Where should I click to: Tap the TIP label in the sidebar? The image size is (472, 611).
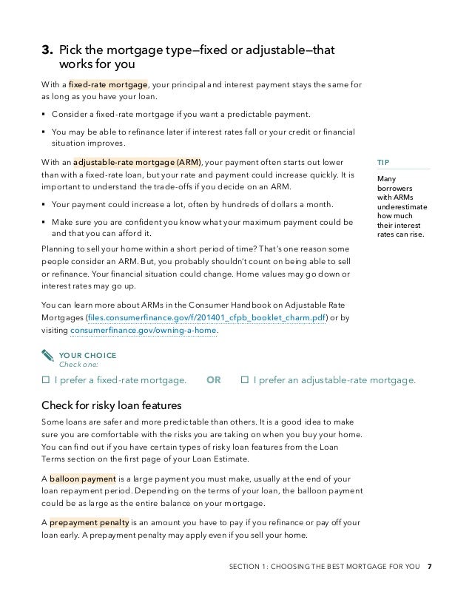click(x=383, y=162)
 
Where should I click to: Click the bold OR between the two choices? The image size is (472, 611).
click(x=214, y=380)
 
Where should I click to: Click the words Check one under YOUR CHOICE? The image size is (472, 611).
click(x=77, y=365)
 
